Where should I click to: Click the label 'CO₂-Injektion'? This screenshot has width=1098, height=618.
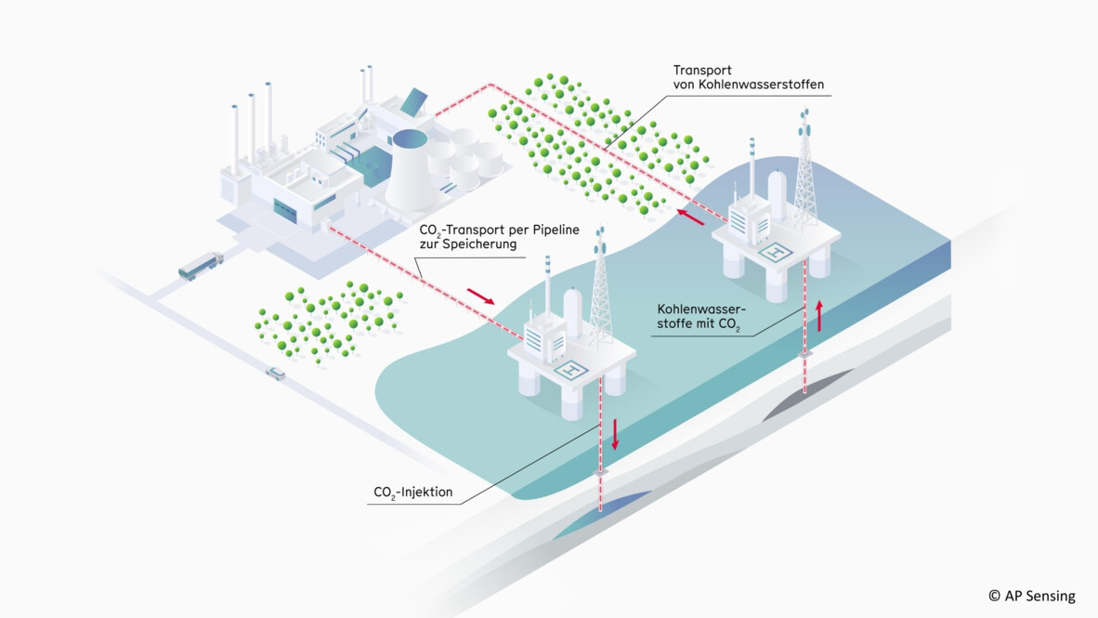point(412,492)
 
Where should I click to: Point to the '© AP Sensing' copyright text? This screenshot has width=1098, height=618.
point(1031,596)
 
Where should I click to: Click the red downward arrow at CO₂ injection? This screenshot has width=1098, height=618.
point(614,434)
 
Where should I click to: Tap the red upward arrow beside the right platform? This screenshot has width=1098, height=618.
point(819,316)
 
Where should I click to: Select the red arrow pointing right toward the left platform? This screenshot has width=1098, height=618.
point(480,296)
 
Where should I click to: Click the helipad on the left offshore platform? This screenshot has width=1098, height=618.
point(572,369)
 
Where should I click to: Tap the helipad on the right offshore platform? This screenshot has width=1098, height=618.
point(774,250)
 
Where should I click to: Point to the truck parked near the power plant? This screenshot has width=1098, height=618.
point(201,265)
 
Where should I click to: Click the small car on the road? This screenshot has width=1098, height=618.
point(276,374)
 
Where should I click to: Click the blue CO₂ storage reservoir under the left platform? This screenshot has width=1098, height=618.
point(595,506)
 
